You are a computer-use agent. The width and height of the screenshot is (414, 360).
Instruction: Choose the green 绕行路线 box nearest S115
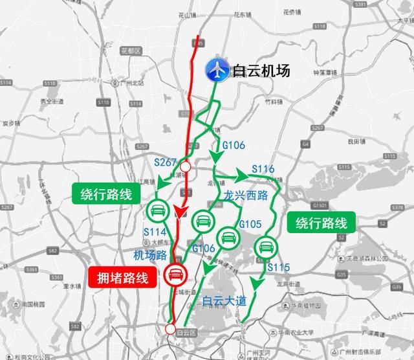[x=321, y=224]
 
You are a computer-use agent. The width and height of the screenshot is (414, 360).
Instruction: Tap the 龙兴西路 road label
[x=243, y=194]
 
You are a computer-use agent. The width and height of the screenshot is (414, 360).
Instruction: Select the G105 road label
[x=250, y=224]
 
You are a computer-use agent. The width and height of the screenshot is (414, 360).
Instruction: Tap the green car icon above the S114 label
[x=157, y=210]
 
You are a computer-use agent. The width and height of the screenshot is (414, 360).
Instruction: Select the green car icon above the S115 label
[x=265, y=246]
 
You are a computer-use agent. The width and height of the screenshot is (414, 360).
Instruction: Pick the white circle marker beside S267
[x=186, y=166]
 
